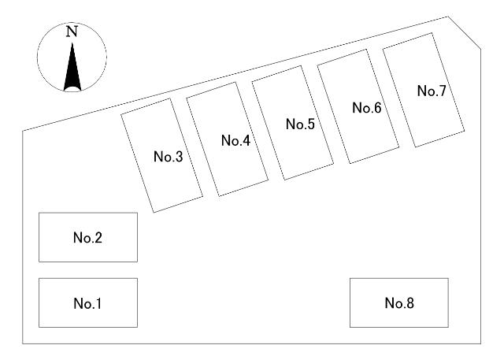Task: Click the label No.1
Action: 88,303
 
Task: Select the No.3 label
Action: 168,156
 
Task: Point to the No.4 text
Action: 235,141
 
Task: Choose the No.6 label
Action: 367,108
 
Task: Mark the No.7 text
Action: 432,91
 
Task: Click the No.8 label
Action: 399,303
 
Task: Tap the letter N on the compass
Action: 72,32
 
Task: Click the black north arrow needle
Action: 72,66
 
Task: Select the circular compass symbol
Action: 72,57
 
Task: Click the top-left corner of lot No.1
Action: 39,279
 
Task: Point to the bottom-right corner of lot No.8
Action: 449,327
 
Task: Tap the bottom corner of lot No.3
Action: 154,212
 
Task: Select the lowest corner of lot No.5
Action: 286,180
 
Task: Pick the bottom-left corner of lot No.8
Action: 350,327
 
